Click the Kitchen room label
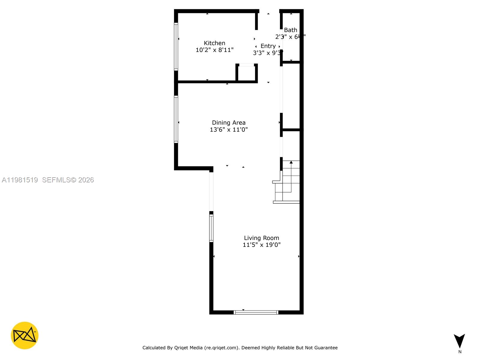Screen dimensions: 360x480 (214, 43)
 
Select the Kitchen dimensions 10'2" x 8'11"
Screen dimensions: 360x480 (214, 50)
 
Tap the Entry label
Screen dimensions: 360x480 (268, 46)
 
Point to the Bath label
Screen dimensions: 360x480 (290, 30)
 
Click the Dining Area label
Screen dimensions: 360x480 (229, 123)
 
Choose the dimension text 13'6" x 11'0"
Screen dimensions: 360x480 (229, 130)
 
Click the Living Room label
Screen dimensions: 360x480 (261, 238)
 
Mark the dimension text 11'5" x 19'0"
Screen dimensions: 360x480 (261, 245)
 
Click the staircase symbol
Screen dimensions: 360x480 (287, 181)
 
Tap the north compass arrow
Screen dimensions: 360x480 (459, 341)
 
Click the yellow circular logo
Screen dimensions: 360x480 (25, 335)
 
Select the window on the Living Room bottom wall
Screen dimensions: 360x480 (256, 312)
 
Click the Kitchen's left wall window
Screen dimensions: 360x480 (176, 46)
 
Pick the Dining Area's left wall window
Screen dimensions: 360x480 (176, 119)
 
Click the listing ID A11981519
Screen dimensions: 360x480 (20, 180)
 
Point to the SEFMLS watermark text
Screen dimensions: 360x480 (68, 180)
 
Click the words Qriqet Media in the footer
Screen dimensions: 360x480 (188, 348)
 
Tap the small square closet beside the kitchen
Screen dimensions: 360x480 (247, 73)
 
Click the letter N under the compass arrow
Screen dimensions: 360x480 (460, 352)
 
